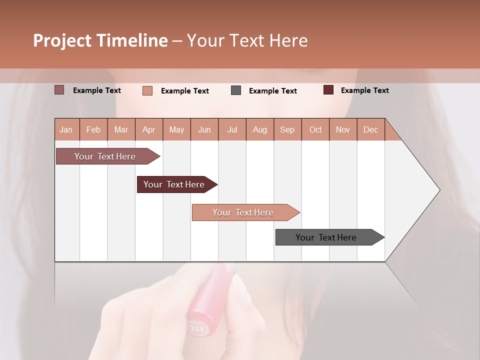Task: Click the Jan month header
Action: (x=66, y=130)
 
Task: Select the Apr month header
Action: (x=149, y=130)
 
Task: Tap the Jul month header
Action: (x=232, y=130)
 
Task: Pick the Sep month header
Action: (x=287, y=130)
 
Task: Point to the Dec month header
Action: (x=370, y=130)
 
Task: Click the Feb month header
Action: (x=93, y=130)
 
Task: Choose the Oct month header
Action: (x=315, y=130)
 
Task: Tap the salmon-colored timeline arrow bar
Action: (x=243, y=212)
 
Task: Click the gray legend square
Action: (x=236, y=90)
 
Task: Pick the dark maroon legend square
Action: (x=328, y=90)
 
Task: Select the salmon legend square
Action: (x=147, y=90)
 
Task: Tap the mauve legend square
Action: (x=59, y=90)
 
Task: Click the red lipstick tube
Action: (x=210, y=300)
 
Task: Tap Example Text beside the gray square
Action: (x=272, y=91)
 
